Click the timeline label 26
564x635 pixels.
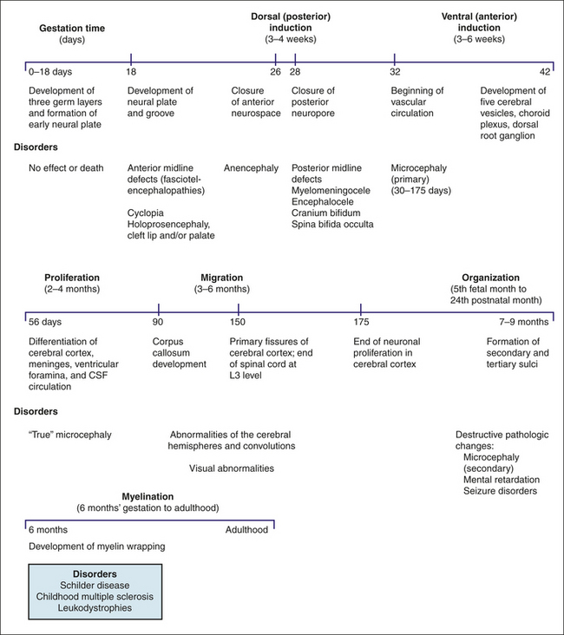pos(276,72)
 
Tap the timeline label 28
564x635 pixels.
pos(295,72)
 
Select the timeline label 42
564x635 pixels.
pos(545,72)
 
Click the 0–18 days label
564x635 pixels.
pos(50,72)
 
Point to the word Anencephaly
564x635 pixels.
pos(252,168)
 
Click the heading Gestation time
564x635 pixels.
pos(72,29)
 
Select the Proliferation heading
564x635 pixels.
pos(72,278)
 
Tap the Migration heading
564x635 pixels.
pos(222,278)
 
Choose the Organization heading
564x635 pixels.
pos(490,278)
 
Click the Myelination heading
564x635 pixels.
pos(148,496)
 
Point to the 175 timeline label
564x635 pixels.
pos(362,322)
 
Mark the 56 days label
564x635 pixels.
pos(45,322)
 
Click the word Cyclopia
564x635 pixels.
pos(146,213)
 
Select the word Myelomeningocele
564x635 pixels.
pos(331,191)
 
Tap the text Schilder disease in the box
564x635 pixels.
pos(95,586)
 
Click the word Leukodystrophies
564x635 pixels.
pos(95,608)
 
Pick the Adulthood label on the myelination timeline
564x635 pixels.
pos(246,530)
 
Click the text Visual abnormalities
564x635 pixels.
pos(232,468)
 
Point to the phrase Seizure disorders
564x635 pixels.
pos(501,491)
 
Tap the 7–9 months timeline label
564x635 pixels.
pos(524,322)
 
